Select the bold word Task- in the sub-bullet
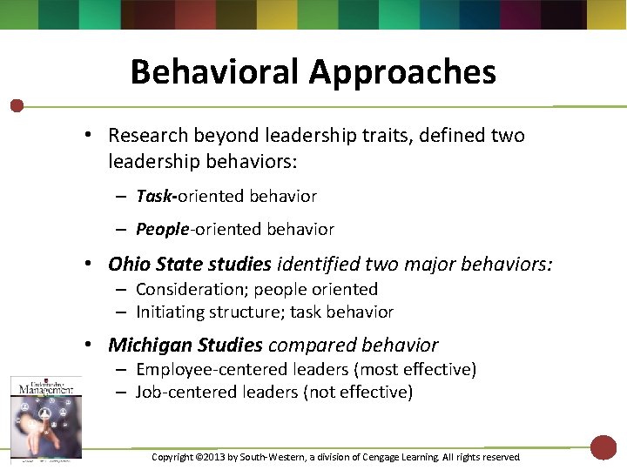click(x=157, y=197)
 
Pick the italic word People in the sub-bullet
click(x=162, y=230)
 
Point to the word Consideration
click(x=192, y=290)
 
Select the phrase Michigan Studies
click(x=185, y=346)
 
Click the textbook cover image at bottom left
click(x=45, y=416)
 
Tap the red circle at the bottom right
click(x=603, y=447)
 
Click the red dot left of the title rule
click(x=17, y=106)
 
